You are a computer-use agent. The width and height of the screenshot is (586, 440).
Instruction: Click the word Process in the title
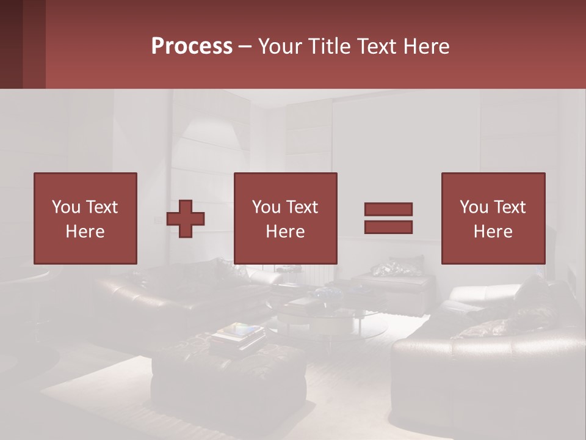[x=192, y=46]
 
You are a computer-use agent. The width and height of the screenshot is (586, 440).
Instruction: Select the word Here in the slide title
[x=425, y=46]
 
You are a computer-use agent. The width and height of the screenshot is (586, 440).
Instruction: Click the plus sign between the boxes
[x=186, y=218]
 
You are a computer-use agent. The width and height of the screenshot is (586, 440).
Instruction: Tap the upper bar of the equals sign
[x=388, y=209]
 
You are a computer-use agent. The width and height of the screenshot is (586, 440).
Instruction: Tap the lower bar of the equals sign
[x=388, y=227]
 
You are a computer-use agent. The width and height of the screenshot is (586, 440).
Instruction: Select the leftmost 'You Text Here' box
[x=85, y=218]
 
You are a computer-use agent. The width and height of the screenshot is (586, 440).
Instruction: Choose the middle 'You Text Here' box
[x=285, y=218]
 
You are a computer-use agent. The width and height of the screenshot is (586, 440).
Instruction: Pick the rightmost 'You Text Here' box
[x=493, y=218]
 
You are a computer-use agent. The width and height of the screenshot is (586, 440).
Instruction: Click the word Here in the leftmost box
[x=85, y=232]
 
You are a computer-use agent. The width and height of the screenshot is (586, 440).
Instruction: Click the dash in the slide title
[x=245, y=46]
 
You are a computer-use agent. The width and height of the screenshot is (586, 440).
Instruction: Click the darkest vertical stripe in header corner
[x=11, y=44]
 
